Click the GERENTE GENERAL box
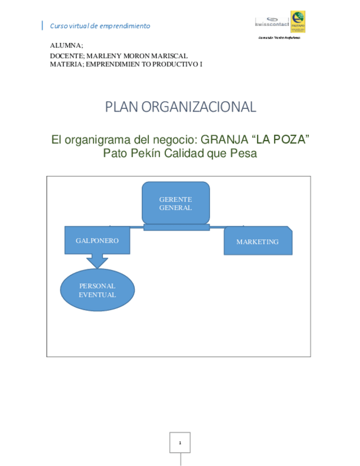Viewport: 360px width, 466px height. [175, 203]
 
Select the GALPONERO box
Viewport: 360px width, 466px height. [97, 240]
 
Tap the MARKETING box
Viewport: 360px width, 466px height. [257, 241]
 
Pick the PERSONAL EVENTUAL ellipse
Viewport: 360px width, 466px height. [97, 290]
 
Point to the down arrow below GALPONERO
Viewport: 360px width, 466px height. [97, 260]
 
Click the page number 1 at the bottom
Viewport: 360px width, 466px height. [180, 442]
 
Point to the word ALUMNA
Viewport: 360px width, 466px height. [65, 45]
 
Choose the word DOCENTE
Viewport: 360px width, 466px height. [67, 56]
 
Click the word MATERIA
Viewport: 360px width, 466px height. [67, 64]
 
